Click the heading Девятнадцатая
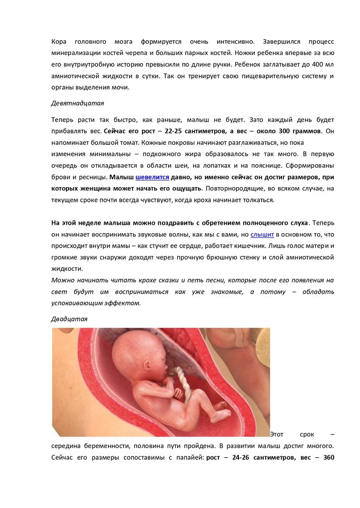pyautogui.click(x=77, y=104)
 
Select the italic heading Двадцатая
pyautogui.click(x=69, y=319)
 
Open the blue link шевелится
pyautogui.click(x=152, y=177)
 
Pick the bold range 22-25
pyautogui.click(x=173, y=131)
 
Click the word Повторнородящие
pyautogui.click(x=232, y=189)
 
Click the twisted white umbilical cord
pyautogui.click(x=183, y=382)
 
